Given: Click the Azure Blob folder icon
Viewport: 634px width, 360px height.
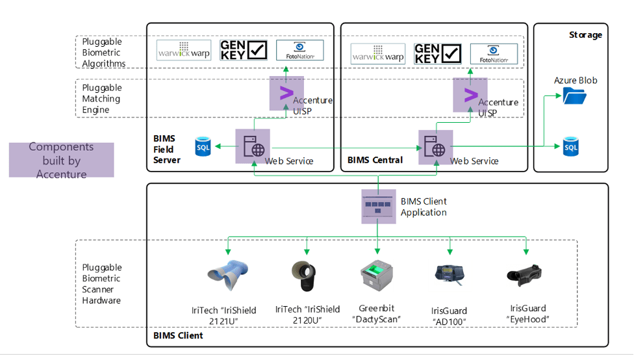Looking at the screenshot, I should pyautogui.click(x=574, y=96).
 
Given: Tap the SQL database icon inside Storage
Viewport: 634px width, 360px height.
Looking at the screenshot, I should pyautogui.click(x=570, y=147).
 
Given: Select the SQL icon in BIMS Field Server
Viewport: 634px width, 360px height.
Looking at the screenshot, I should pyautogui.click(x=203, y=148).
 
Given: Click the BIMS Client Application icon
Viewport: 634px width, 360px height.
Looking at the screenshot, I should pyautogui.click(x=378, y=207).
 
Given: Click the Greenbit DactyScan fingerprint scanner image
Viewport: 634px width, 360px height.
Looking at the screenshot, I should pyautogui.click(x=377, y=277).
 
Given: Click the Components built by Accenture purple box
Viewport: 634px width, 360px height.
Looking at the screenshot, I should pyautogui.click(x=62, y=160).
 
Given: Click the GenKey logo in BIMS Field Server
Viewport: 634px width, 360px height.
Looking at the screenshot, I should pyautogui.click(x=244, y=51).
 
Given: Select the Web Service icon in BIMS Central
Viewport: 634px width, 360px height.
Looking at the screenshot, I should pyautogui.click(x=435, y=147).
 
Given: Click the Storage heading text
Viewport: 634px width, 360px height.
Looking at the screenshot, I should pyautogui.click(x=585, y=35).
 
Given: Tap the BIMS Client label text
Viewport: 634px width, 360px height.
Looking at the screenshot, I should pyautogui.click(x=178, y=335).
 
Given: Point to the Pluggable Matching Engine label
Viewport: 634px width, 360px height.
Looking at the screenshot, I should pyautogui.click(x=101, y=99).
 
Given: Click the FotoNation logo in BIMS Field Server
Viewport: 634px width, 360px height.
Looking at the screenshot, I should pyautogui.click(x=299, y=51).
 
